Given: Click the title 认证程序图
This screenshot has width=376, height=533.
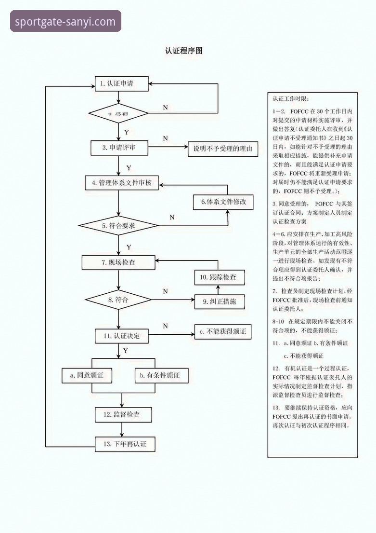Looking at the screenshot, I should click(183, 51).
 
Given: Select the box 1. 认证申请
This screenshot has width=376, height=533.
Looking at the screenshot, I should click(121, 84).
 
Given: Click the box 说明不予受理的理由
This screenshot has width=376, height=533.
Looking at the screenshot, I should click(222, 149).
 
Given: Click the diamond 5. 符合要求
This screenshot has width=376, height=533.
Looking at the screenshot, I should click(118, 226).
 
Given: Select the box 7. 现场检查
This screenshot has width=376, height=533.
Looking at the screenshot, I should click(118, 262).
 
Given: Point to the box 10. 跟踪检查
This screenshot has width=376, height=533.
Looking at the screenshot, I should click(219, 277).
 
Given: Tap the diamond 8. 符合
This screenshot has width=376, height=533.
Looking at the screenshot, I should click(118, 300).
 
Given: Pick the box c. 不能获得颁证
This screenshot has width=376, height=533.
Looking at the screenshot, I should click(222, 331).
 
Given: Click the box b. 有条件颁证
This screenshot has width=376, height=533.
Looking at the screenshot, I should click(156, 375).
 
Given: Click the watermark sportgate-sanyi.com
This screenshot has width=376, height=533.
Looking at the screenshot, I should click(65, 22).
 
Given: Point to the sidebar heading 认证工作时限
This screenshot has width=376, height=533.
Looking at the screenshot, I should click(287, 99).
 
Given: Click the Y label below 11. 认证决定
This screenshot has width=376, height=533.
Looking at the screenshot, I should click(125, 351).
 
